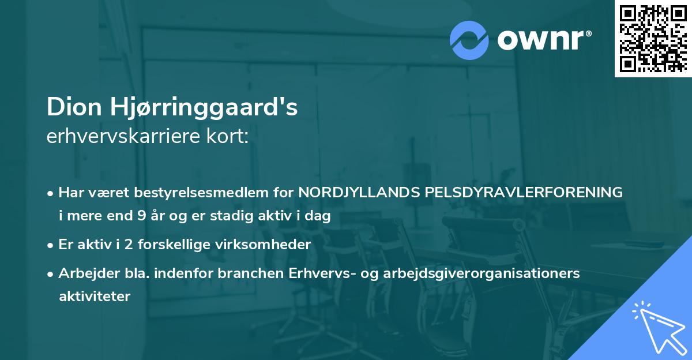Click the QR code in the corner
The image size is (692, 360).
653,39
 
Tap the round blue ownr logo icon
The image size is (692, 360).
469,40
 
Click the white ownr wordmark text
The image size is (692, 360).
543,40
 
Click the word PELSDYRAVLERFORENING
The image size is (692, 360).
523,192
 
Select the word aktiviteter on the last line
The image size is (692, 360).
95,297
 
